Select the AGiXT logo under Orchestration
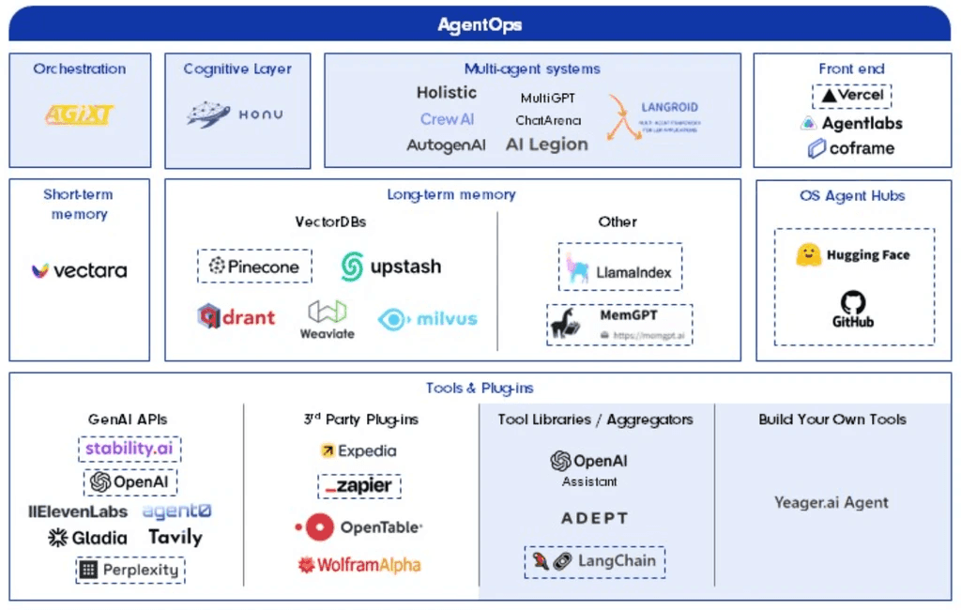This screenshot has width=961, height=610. tap(79, 115)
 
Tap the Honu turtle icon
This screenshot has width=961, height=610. tap(208, 114)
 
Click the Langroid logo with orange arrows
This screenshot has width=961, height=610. tap(624, 117)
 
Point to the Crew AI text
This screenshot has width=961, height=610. tap(447, 119)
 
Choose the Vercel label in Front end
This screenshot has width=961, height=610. tap(851, 96)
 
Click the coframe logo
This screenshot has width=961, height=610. tap(850, 148)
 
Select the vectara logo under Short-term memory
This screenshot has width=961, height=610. tap(79, 270)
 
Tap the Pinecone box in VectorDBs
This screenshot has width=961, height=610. tap(254, 266)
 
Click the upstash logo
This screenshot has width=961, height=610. tap(390, 267)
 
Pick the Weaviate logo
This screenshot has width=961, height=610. tap(328, 318)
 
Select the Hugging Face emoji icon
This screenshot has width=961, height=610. tap(809, 254)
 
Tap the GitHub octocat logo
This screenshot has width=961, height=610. tap(853, 303)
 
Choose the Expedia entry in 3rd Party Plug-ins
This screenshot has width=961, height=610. tap(358, 450)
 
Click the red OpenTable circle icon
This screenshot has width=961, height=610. tap(319, 527)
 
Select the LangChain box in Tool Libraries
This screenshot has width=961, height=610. tap(594, 561)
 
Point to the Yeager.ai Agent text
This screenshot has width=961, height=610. tap(831, 503)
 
